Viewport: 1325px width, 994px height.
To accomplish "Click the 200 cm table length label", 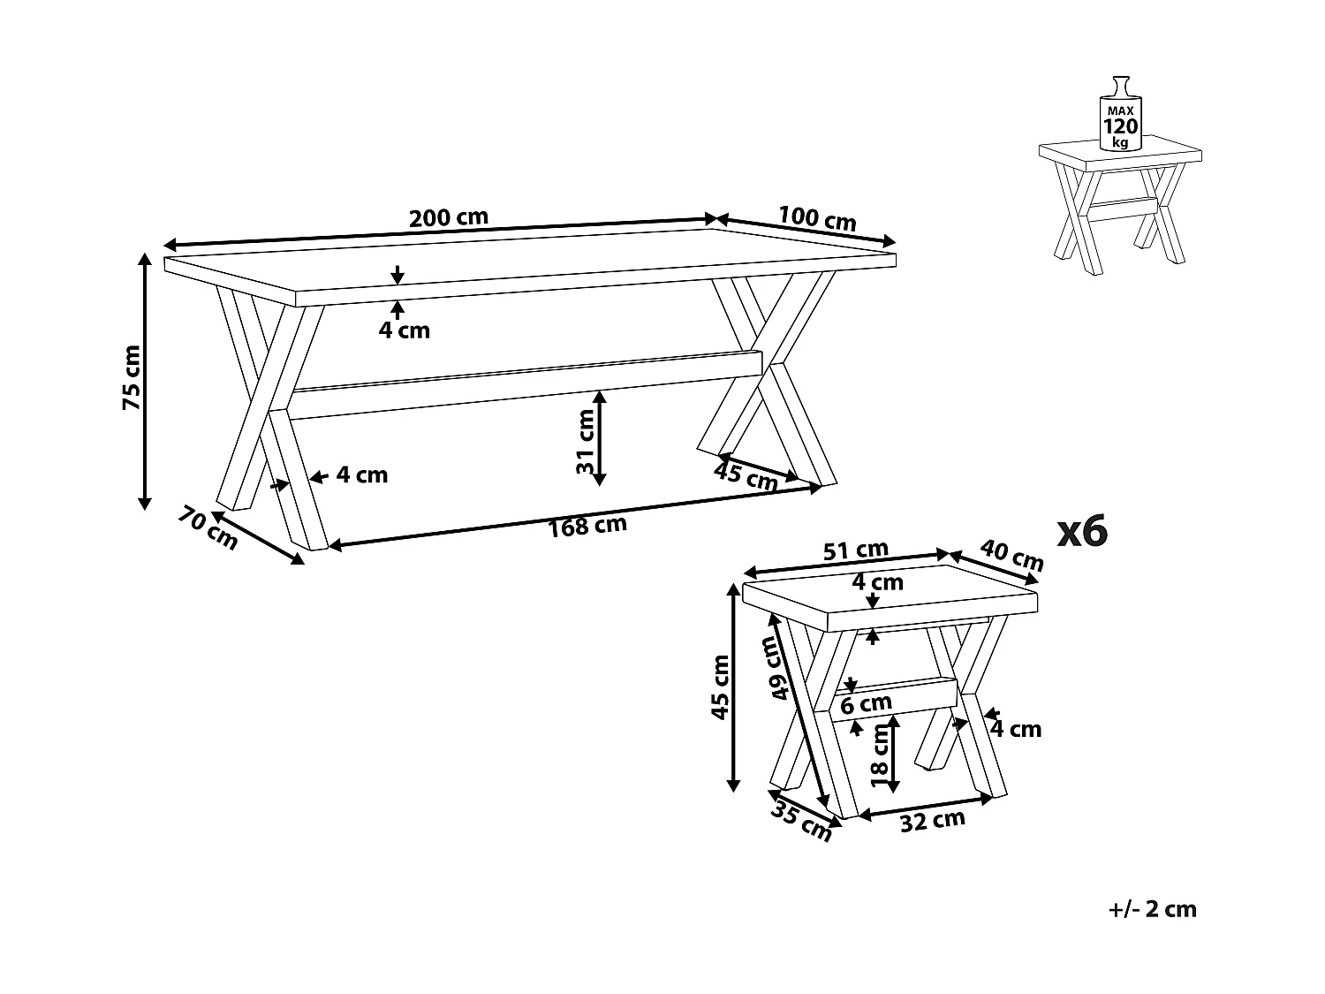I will pyautogui.click(x=449, y=217).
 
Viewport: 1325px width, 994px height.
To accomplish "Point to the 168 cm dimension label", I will pyautogui.click(x=587, y=527).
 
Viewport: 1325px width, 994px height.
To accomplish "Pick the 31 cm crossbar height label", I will pyautogui.click(x=586, y=442).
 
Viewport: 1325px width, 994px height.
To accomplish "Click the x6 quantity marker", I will pyautogui.click(x=1082, y=531).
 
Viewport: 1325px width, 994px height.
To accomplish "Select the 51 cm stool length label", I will pyautogui.click(x=855, y=550).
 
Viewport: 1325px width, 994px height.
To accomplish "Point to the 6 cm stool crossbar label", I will pyautogui.click(x=866, y=704).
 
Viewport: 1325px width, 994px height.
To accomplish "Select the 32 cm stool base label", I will pyautogui.click(x=932, y=821).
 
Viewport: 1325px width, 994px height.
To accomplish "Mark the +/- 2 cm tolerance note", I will pyautogui.click(x=1153, y=909).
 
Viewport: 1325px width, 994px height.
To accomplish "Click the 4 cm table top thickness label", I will pyautogui.click(x=405, y=330).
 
